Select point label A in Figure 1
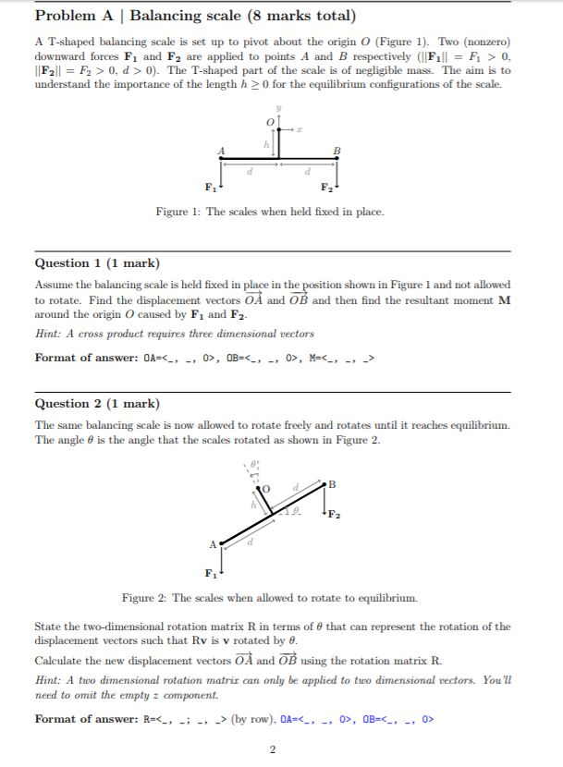221,152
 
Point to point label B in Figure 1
337,152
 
